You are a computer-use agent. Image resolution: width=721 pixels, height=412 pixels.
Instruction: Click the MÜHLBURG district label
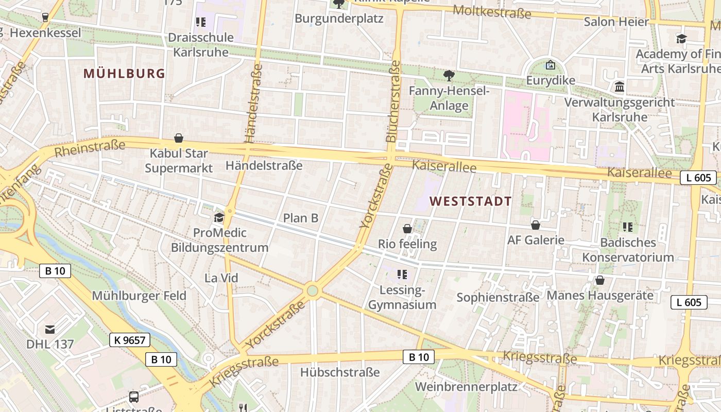pyautogui.click(x=124, y=74)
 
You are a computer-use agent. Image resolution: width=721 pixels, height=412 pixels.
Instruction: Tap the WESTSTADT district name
pyautogui.click(x=471, y=201)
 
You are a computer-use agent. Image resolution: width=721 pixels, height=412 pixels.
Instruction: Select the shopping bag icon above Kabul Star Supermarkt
pyautogui.click(x=179, y=138)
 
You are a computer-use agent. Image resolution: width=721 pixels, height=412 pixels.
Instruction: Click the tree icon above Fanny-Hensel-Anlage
pyautogui.click(x=449, y=76)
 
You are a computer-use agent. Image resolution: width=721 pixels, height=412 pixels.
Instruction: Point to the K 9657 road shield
pyautogui.click(x=130, y=340)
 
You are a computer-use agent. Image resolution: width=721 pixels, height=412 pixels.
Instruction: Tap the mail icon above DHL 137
pyautogui.click(x=50, y=329)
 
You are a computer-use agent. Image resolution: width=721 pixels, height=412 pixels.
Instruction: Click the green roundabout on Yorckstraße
pyautogui.click(x=312, y=291)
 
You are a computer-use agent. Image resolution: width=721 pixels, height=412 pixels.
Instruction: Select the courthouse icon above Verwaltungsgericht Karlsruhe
pyautogui.click(x=620, y=87)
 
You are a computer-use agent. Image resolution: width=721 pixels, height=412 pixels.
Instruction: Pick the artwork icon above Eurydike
pyautogui.click(x=550, y=65)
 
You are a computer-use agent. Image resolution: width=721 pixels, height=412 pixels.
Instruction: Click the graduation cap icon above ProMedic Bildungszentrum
pyautogui.click(x=219, y=217)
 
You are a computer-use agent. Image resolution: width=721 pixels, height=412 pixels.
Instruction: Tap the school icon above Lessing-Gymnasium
pyautogui.click(x=402, y=274)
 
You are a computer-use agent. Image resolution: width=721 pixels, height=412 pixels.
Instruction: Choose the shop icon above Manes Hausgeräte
pyautogui.click(x=599, y=280)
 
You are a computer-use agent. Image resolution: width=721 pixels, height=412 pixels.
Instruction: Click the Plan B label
pyautogui.click(x=301, y=218)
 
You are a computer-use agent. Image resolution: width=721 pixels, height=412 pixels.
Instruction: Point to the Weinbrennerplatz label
pyautogui.click(x=466, y=386)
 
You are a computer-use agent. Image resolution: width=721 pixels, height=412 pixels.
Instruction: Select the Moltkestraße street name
pyautogui.click(x=492, y=12)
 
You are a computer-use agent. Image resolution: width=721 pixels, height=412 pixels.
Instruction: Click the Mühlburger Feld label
pyautogui.click(x=139, y=296)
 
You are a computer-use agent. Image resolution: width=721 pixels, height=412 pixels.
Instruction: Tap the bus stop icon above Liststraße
pyautogui.click(x=134, y=397)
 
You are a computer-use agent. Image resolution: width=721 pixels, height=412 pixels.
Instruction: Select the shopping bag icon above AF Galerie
pyautogui.click(x=536, y=225)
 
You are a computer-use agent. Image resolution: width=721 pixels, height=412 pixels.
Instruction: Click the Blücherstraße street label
pyautogui.click(x=392, y=101)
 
